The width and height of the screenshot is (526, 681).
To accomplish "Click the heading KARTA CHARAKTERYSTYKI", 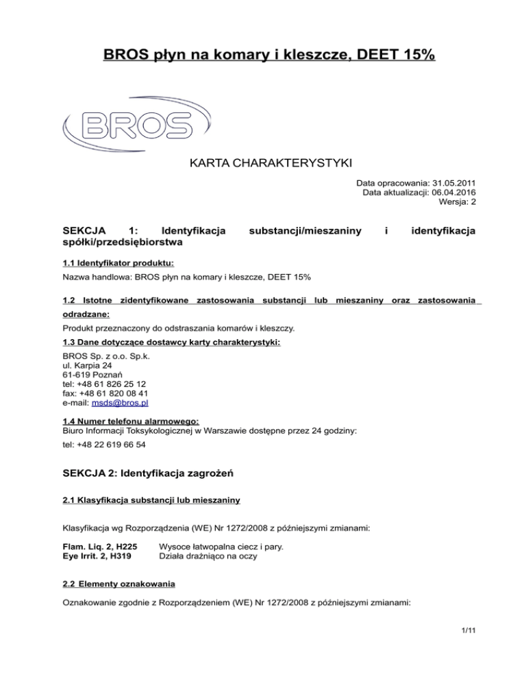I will pos(262,164).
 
